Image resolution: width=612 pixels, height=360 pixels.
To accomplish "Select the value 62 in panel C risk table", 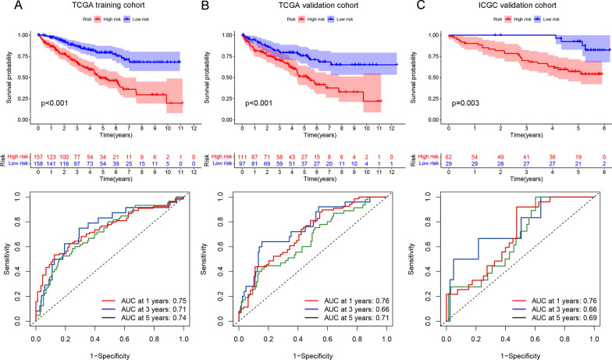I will (449, 156).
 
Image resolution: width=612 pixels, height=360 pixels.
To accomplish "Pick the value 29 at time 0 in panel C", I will (449, 164).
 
